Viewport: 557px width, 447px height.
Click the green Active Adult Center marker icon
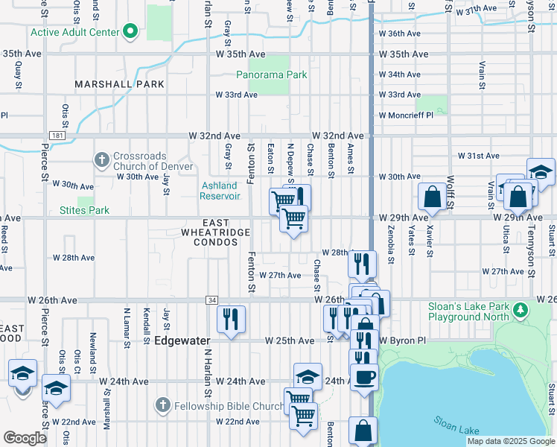(130, 32)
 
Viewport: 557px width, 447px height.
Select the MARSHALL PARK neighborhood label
(119, 85)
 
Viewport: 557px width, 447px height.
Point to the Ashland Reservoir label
(220, 191)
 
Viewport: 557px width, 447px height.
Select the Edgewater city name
(183, 340)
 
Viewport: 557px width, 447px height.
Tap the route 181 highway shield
(57, 136)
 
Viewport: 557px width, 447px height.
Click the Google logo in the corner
(25, 438)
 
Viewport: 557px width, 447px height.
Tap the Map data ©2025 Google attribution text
(510, 441)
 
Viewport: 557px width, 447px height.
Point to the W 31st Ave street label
(477, 156)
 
